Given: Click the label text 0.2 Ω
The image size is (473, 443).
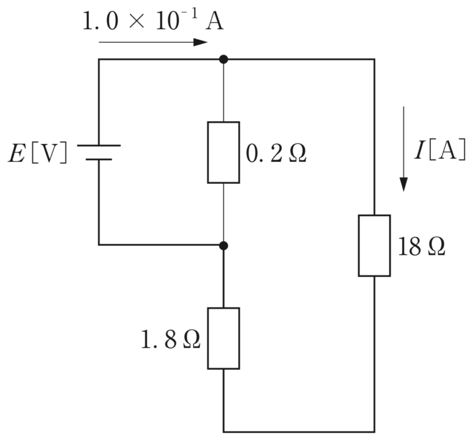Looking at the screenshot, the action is (276, 154).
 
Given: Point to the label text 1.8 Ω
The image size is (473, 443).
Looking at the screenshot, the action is (171, 339).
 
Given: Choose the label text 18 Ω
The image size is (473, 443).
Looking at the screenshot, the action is (421, 247).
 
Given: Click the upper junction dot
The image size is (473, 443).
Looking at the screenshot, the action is (224, 59).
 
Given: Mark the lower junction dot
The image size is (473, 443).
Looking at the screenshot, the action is (224, 246).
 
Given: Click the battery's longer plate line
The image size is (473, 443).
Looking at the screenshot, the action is (99, 146).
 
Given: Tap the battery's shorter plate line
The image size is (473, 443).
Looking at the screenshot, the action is (99, 159).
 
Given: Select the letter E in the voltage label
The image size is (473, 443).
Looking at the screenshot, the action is (17, 154).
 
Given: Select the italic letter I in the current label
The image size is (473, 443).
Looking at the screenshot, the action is (419, 150).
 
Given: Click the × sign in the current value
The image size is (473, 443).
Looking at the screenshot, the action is (136, 22).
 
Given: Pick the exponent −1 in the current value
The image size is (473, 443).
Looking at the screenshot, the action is (191, 14).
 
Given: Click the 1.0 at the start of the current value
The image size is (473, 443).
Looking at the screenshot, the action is (100, 21).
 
